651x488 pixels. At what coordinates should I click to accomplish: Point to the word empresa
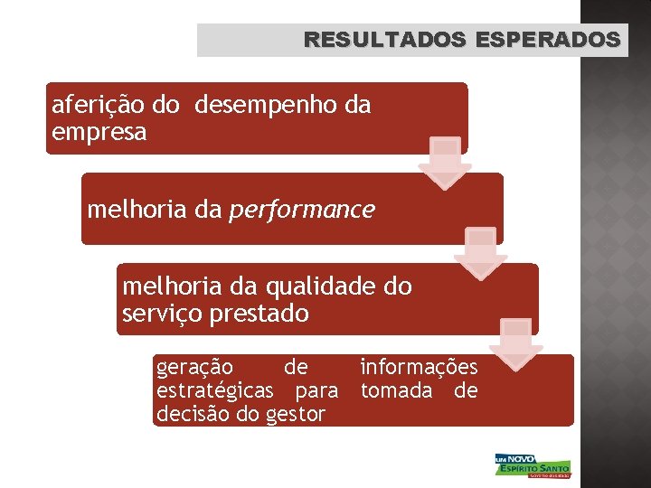(x=99, y=133)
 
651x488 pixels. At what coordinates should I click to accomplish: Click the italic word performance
(x=302, y=210)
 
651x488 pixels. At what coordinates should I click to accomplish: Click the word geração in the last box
(x=194, y=367)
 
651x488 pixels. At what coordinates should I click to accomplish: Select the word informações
(x=419, y=367)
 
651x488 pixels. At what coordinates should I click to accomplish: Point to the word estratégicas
(x=215, y=390)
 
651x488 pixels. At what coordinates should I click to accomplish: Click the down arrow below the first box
(x=444, y=164)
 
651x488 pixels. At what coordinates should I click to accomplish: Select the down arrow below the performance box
(x=480, y=254)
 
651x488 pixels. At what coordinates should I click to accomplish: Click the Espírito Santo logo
(x=533, y=465)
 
